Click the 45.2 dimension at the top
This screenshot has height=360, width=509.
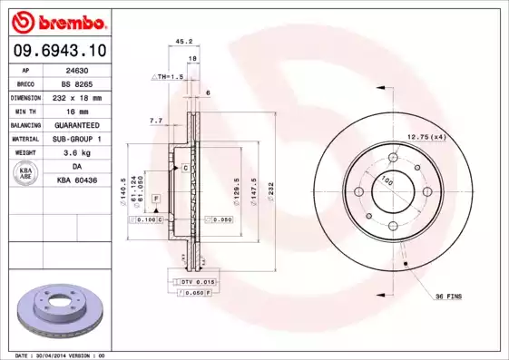[x=182, y=41]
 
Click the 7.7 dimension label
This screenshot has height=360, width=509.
[x=155, y=120]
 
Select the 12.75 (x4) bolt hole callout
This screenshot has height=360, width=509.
[x=426, y=137]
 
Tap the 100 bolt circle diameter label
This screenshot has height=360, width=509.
[x=387, y=180]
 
